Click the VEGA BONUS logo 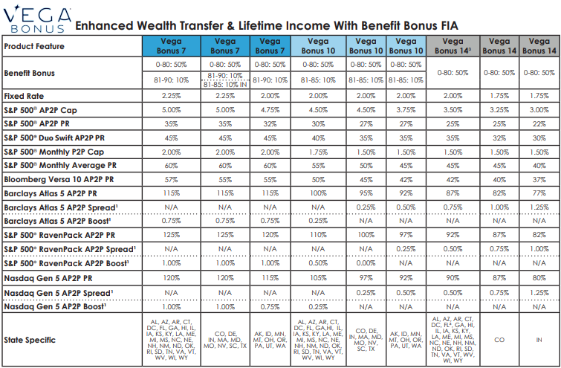[37, 19]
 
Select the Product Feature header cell [72, 46]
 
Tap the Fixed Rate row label [24, 96]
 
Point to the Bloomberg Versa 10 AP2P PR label [59, 179]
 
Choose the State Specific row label [30, 340]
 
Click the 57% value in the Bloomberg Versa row [172, 179]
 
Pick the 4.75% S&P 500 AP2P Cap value [270, 110]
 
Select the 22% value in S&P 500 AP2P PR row [539, 124]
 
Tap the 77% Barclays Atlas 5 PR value [539, 193]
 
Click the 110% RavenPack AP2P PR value [318, 235]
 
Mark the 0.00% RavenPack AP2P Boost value [366, 263]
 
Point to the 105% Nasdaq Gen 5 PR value [318, 278]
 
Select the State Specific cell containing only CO [499, 340]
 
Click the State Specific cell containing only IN [539, 340]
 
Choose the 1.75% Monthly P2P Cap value [318, 152]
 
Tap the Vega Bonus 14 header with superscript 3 [453, 46]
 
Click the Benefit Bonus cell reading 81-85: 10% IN [225, 85]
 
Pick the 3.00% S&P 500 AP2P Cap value [539, 110]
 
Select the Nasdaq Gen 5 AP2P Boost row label [55, 306]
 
